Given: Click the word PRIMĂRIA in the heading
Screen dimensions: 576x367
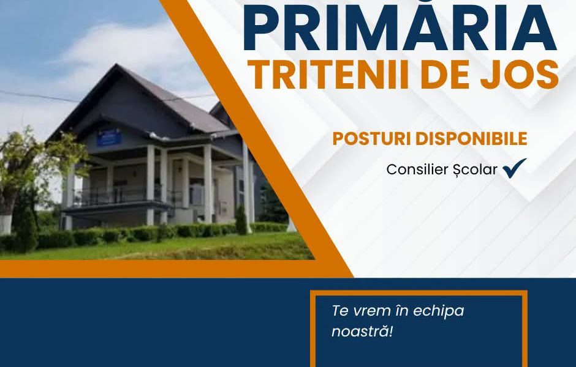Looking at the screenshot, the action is coord(400,26).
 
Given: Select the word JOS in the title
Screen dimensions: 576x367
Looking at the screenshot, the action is coord(520,75).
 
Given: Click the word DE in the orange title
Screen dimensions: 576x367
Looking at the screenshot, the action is coord(445,75).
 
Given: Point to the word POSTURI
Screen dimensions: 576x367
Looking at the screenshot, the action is coord(372,139).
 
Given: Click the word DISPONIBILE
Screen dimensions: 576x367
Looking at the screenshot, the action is coord(471,139).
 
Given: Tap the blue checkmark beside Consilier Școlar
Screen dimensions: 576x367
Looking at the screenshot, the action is coord(514,168).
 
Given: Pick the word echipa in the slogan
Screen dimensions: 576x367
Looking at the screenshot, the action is coord(439,311).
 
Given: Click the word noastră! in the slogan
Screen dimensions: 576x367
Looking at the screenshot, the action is coord(362,332).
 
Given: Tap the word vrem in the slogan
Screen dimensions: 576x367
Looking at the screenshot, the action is coord(371,311).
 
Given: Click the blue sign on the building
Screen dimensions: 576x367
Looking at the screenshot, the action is coord(108,137).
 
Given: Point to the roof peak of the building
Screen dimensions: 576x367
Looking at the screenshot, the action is coord(117,65).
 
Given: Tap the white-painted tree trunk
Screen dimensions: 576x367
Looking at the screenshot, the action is coord(6,224).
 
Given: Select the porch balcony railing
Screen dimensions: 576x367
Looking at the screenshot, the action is coord(118,195).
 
